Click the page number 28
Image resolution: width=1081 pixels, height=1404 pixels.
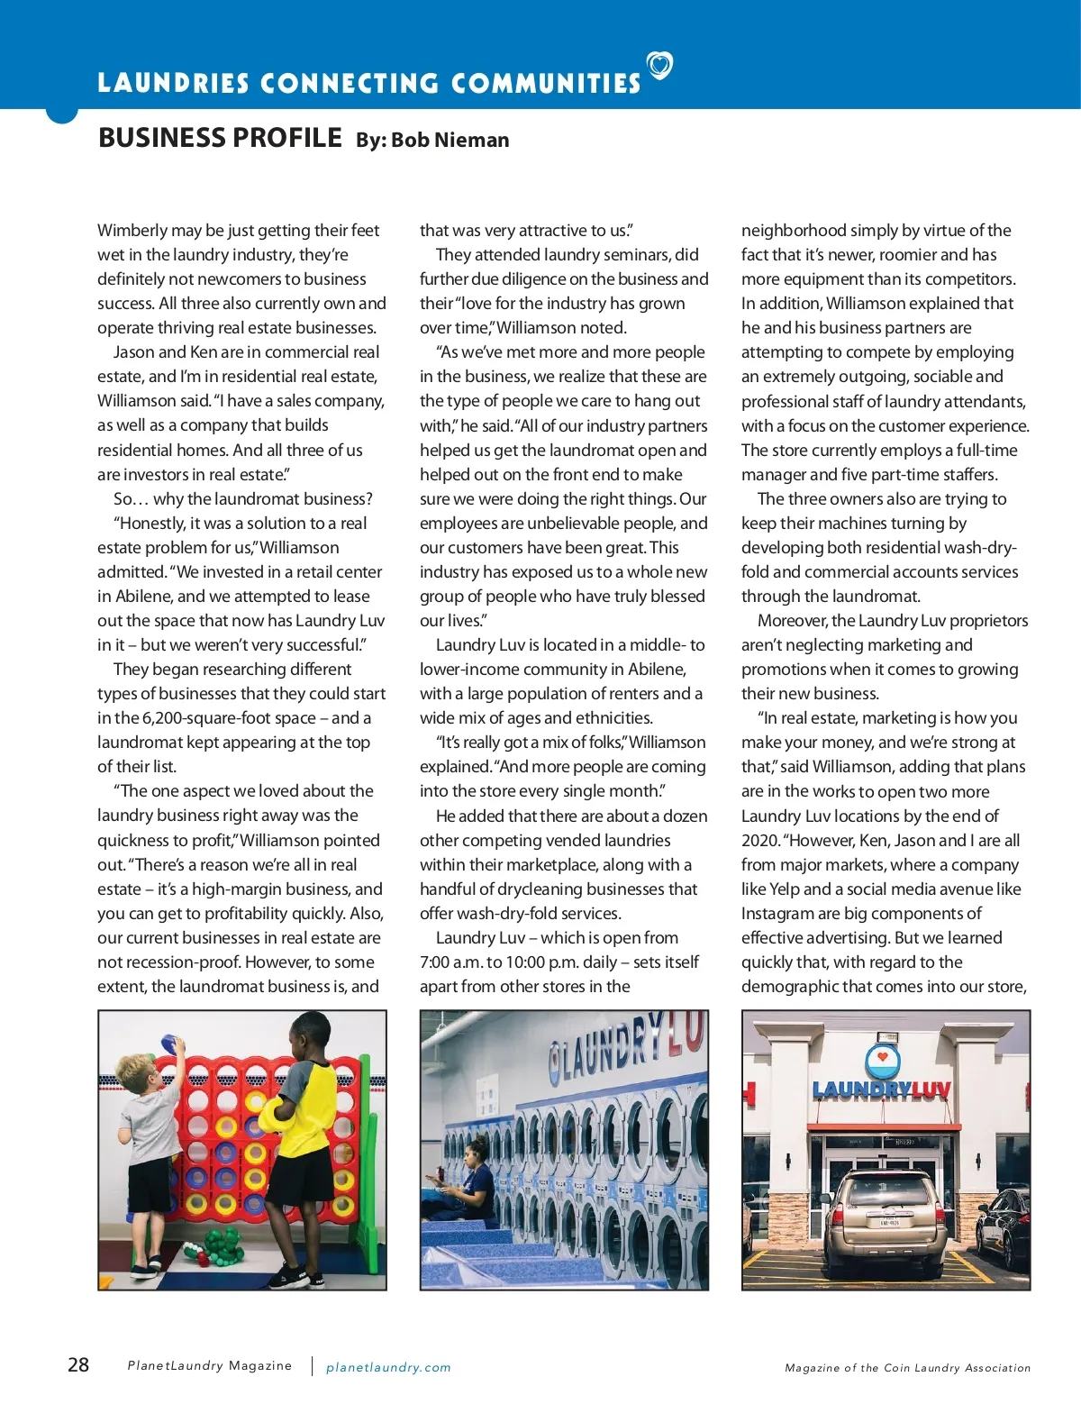click(78, 1364)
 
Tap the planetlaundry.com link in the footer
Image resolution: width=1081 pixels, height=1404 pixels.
click(388, 1367)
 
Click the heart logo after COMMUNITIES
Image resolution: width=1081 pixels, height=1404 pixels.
click(660, 65)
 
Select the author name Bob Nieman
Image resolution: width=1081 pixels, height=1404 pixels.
click(450, 140)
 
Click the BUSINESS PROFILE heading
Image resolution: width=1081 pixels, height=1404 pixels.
click(220, 138)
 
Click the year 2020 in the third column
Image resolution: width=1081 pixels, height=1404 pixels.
click(759, 841)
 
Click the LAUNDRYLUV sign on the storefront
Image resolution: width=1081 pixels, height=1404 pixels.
click(881, 1091)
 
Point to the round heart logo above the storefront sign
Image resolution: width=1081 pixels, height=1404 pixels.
click(883, 1061)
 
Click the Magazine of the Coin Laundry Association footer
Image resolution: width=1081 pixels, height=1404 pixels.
click(907, 1368)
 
